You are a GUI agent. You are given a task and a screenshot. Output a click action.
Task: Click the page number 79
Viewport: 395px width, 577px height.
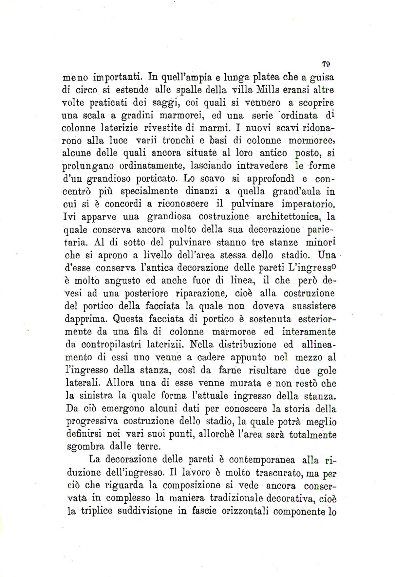(x=325, y=64)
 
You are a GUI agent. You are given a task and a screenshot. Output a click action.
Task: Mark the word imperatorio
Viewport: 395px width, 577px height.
(x=308, y=204)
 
